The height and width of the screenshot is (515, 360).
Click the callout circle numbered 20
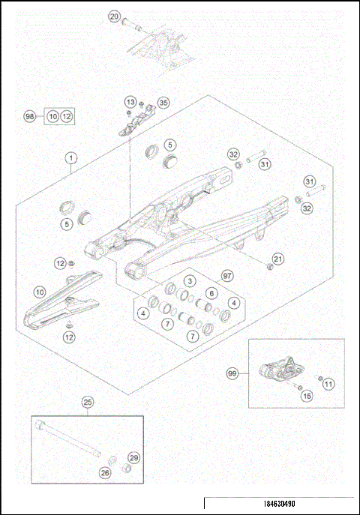point(115,16)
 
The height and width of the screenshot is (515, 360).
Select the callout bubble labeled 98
point(30,117)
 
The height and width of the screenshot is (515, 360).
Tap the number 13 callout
point(130,102)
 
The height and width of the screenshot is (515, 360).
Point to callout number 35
point(163,103)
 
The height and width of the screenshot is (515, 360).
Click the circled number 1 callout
point(71,158)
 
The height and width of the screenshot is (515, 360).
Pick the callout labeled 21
point(278,259)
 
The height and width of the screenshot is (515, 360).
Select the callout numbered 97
point(228,277)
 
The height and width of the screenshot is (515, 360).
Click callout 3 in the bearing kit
point(190,280)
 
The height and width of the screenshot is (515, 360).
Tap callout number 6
point(212,293)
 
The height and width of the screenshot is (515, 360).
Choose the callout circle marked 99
point(234,371)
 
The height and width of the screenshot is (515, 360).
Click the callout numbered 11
point(328,384)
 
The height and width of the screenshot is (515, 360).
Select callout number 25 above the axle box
point(88,403)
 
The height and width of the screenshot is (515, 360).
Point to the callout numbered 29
point(134,457)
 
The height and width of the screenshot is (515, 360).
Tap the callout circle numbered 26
point(105,472)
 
